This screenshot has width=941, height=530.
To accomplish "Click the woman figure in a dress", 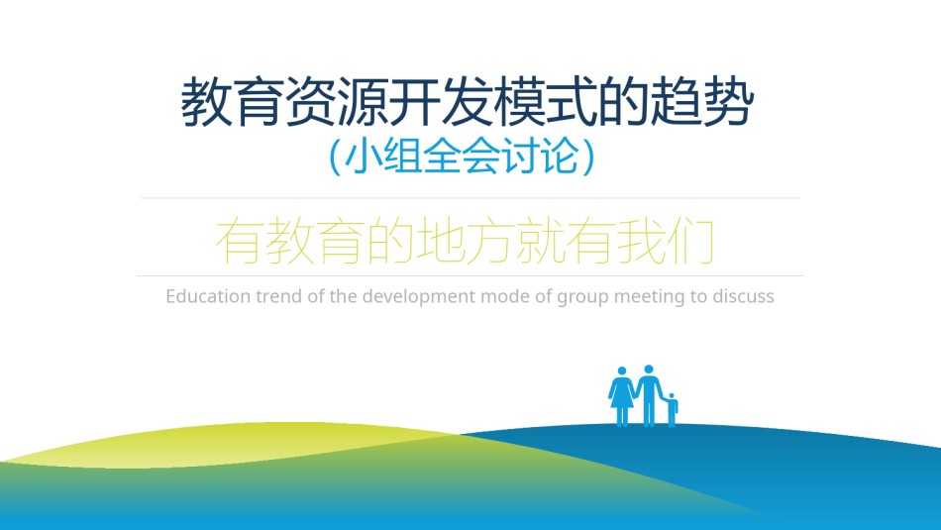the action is click(x=622, y=396).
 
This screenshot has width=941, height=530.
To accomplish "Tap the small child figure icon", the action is click(x=673, y=410).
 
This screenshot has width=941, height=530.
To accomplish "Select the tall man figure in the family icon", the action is click(x=650, y=395).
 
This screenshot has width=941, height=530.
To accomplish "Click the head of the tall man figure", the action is click(x=649, y=370).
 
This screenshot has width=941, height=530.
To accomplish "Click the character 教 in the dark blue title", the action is click(x=206, y=102).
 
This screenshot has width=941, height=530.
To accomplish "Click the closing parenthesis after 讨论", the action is click(x=588, y=158).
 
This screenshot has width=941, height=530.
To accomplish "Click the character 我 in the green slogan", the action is click(x=640, y=242).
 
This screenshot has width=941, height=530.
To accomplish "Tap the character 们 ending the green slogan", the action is click(x=690, y=242).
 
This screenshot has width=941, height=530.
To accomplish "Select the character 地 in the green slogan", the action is click(x=440, y=242).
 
